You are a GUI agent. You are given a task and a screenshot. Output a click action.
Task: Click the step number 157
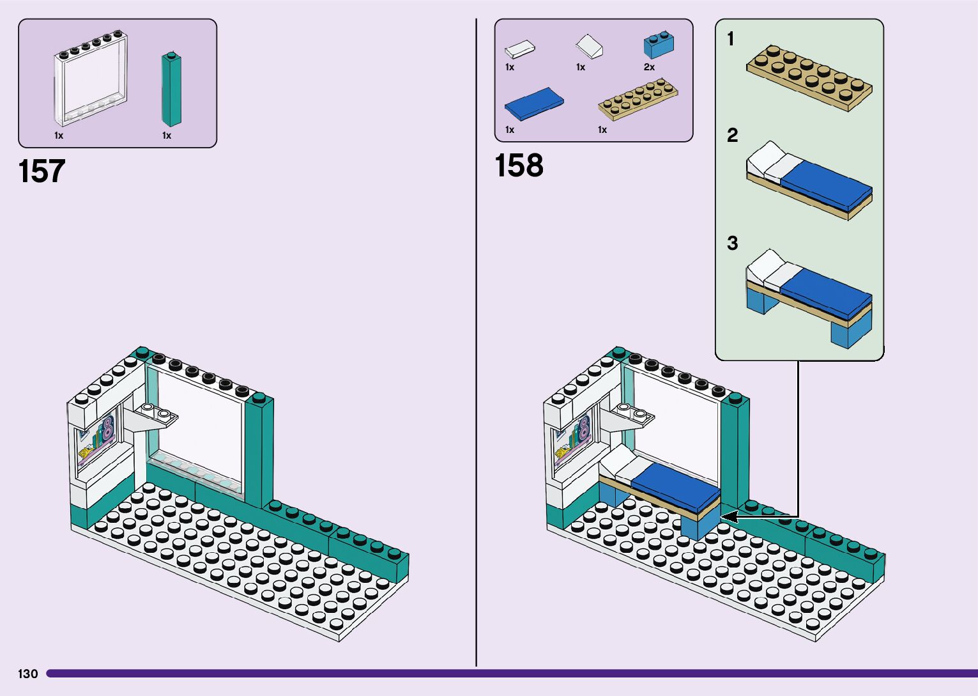[42, 171]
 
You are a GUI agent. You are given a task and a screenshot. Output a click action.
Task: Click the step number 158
[519, 166]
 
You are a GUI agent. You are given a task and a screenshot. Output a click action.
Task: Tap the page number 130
[28, 674]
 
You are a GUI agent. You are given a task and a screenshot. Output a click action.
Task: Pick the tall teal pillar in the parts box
[171, 89]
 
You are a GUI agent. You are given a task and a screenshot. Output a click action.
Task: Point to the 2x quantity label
[649, 67]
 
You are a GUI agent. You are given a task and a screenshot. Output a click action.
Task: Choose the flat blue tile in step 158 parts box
[534, 103]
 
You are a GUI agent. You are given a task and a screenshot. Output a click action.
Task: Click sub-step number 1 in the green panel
[731, 40]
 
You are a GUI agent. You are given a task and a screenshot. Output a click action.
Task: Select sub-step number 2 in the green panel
[732, 135]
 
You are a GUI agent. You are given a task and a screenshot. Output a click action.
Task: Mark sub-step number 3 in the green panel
[732, 243]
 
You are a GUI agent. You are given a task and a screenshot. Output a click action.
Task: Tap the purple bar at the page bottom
[511, 673]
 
